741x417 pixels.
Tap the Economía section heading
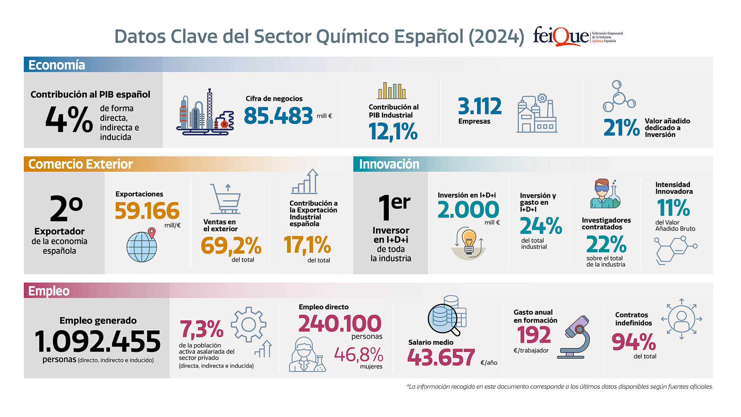click(57, 65)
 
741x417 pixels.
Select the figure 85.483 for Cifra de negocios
click(278, 116)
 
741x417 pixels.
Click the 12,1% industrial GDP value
click(393, 132)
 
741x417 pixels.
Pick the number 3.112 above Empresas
click(479, 106)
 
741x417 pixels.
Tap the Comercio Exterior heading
click(80, 164)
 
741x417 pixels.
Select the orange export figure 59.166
click(147, 211)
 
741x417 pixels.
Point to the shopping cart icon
click(226, 199)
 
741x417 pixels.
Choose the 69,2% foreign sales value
click(231, 245)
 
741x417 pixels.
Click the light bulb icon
click(469, 243)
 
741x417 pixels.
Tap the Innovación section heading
click(389, 164)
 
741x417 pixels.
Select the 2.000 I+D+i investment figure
click(468, 209)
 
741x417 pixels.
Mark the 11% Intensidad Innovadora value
click(673, 208)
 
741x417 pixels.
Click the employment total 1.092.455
click(98, 341)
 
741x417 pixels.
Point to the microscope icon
click(574, 337)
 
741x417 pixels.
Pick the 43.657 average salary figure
click(441, 357)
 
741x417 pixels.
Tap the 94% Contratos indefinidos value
click(634, 342)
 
